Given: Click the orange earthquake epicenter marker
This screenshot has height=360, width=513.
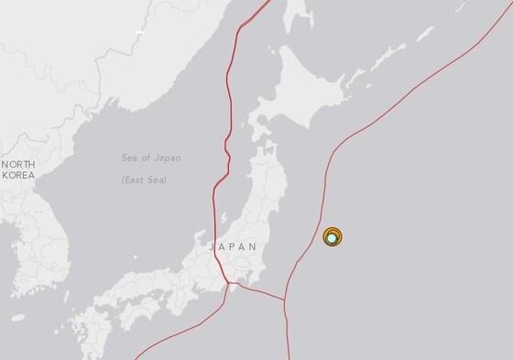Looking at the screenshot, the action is (333, 236).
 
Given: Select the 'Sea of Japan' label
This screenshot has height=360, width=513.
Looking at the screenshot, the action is (151, 158).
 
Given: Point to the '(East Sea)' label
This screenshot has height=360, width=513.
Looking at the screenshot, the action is (151, 180).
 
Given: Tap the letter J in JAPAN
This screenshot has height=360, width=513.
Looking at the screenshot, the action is (213, 247).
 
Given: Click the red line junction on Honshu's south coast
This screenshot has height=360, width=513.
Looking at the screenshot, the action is (233, 287).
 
